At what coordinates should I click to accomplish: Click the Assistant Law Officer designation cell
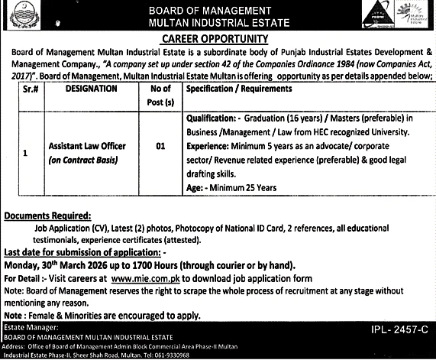87,144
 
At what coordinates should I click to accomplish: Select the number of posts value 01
160,144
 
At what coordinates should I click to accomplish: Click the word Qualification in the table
209,118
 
